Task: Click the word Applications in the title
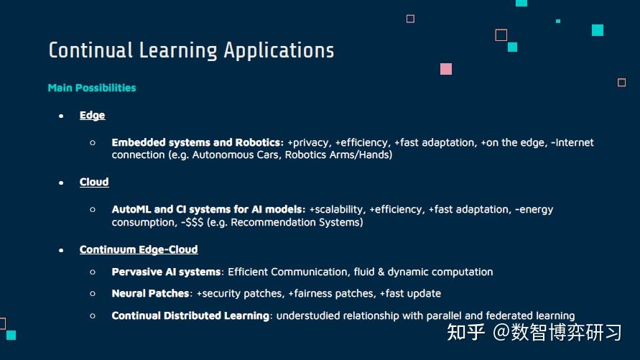279,50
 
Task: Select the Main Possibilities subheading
91,88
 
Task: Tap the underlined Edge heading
92,115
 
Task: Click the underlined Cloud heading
94,182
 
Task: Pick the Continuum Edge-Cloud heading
139,249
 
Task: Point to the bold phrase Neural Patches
150,293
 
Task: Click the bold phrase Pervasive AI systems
166,272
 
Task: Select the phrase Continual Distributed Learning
190,315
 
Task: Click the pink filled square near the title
446,69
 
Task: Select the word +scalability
336,209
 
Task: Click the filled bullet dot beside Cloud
61,183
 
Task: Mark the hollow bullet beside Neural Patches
93,293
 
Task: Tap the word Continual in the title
91,50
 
